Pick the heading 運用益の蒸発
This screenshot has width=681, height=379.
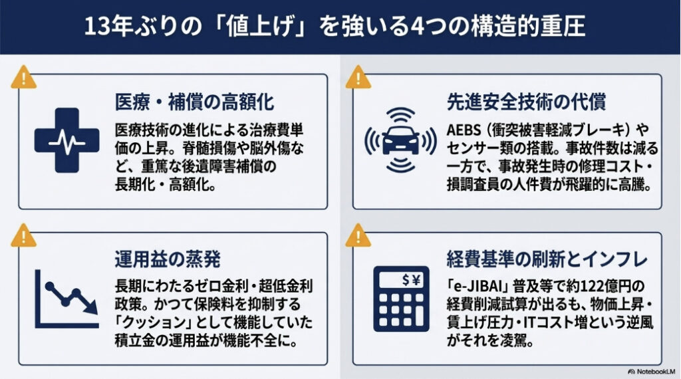(x=168, y=259)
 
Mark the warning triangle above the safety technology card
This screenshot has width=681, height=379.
(x=358, y=78)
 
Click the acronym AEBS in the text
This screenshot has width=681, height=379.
(x=468, y=128)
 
